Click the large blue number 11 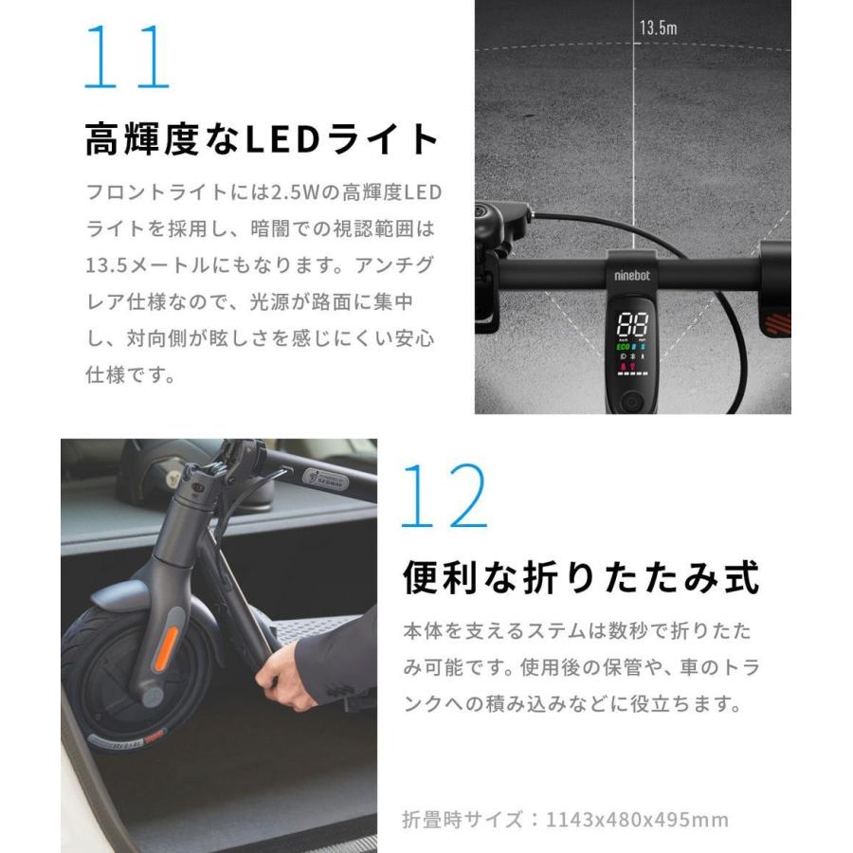(x=127, y=58)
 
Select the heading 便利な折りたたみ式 (x=581, y=576)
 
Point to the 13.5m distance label (x=658, y=27)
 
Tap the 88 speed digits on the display (x=631, y=323)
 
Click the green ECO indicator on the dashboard (x=624, y=347)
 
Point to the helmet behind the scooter (x=156, y=471)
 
